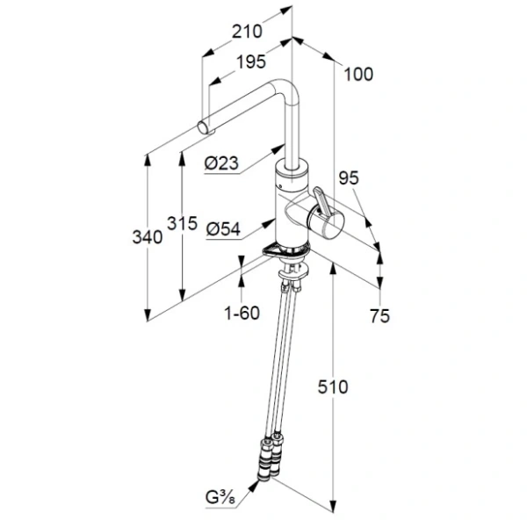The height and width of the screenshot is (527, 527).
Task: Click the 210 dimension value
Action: pyautogui.click(x=248, y=32)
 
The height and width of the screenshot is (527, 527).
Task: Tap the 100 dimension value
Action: pyautogui.click(x=358, y=75)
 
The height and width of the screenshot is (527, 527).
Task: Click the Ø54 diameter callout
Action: pyautogui.click(x=223, y=229)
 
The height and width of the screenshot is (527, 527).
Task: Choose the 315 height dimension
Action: pyautogui.click(x=181, y=224)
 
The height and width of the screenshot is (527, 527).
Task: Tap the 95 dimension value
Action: pyautogui.click(x=349, y=177)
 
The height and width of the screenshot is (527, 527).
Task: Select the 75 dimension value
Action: pyautogui.click(x=379, y=317)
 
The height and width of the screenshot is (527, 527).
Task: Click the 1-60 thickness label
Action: pyautogui.click(x=242, y=314)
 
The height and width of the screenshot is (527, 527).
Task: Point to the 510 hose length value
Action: pyautogui.click(x=334, y=387)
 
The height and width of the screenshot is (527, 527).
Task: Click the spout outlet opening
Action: pyautogui.click(x=205, y=129)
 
